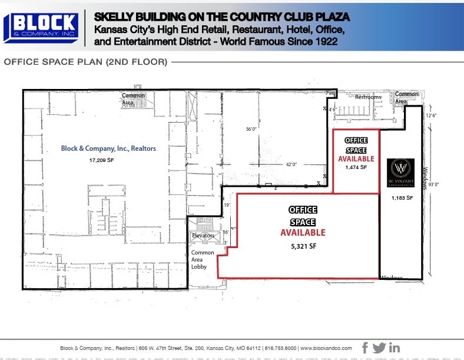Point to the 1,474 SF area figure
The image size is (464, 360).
point(356,167)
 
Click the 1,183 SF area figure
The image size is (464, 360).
point(403,198)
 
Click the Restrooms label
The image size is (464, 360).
point(367,97)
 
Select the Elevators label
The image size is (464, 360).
point(204,236)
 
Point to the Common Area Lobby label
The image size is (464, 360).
point(203,259)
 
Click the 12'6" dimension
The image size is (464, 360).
point(431,115)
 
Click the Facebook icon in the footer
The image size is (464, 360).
point(365,348)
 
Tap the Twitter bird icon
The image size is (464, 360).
point(379,348)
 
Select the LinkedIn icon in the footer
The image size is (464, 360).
point(394,348)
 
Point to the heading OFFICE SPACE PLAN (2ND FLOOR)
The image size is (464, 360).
point(86,62)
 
